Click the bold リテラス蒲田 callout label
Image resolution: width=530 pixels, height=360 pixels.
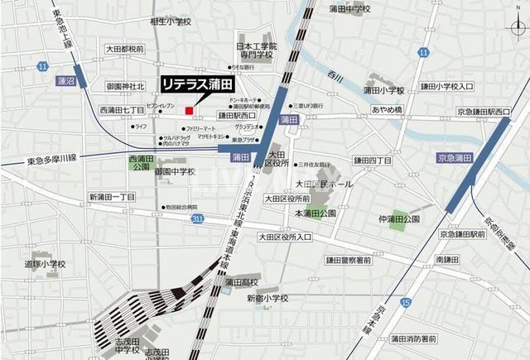pos(197,84)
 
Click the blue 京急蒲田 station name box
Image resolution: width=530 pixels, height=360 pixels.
pos(454,157)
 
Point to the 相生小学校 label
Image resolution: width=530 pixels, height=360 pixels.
pos(172,22)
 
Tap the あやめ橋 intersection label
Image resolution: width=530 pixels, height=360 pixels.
pos(387,109)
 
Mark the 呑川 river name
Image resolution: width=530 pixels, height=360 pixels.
pos(335,76)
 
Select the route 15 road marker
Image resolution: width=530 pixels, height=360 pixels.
pos(404,305)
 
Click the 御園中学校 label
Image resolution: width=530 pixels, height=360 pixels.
pos(175,172)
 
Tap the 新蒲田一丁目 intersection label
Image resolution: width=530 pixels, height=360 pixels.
pos(112,197)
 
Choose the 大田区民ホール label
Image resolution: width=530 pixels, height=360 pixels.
pos(324,183)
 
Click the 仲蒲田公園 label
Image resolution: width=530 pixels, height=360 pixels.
pos(400,218)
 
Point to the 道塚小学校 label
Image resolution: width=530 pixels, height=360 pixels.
pos(43,265)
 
